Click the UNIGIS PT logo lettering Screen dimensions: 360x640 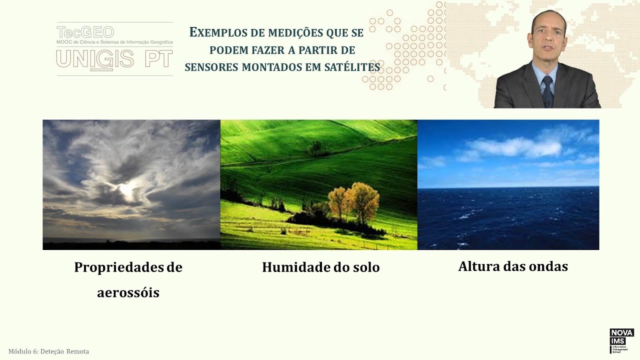114,59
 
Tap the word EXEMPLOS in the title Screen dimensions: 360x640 219,33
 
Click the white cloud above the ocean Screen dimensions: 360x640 515,147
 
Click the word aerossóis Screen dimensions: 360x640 128,292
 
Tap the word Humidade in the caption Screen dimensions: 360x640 293,267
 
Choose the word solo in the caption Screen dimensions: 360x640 365,267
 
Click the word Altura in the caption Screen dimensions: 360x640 477,266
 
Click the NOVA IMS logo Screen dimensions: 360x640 621,340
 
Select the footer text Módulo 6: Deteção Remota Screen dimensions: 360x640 48,351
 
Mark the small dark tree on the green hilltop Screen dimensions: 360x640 315,147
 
